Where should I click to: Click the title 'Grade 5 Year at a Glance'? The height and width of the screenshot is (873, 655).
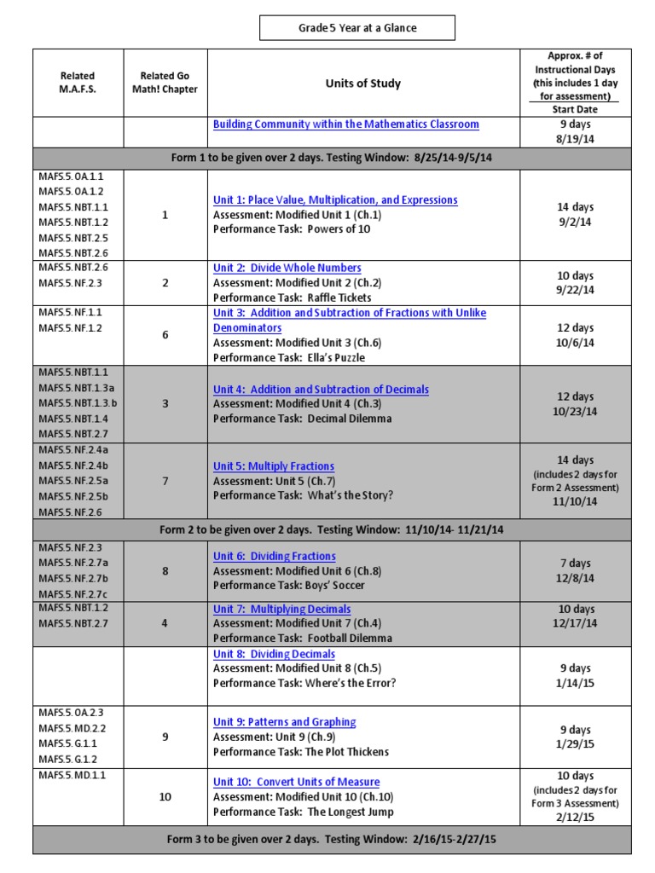357,28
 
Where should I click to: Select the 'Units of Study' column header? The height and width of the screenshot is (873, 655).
362,84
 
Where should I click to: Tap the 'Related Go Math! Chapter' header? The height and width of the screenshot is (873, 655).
165,83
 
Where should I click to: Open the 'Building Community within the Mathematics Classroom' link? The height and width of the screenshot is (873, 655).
345,124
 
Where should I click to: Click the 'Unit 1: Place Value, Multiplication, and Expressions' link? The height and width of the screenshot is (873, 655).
335,200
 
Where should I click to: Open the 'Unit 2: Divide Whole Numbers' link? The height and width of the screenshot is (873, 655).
287,268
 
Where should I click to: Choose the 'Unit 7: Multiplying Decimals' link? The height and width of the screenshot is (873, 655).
281,609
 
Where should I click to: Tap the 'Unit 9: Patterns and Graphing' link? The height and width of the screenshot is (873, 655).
284,722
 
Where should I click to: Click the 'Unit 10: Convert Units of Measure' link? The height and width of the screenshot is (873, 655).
296,782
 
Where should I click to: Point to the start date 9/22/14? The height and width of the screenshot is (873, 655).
575,291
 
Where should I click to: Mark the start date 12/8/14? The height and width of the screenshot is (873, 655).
575,578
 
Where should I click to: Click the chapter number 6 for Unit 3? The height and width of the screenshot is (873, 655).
165,335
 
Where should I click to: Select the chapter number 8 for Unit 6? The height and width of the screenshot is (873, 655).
165,571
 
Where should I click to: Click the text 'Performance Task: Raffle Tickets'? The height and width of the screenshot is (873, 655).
292,298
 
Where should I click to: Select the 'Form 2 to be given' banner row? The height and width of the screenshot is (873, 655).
332,529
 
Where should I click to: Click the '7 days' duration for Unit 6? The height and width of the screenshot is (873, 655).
575,564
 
